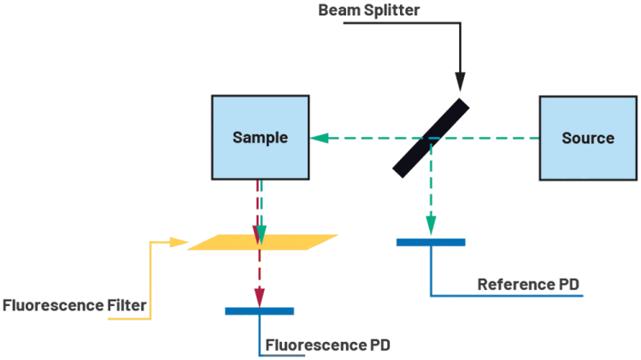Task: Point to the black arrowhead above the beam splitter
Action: click(x=461, y=84)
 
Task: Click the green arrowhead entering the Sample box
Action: click(x=315, y=138)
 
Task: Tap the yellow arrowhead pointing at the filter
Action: click(x=180, y=242)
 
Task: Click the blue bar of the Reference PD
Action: click(x=431, y=242)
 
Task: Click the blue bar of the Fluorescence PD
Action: click(x=259, y=310)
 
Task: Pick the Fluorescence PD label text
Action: click(x=327, y=345)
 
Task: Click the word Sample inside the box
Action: click(x=260, y=138)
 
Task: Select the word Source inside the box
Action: click(x=587, y=138)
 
